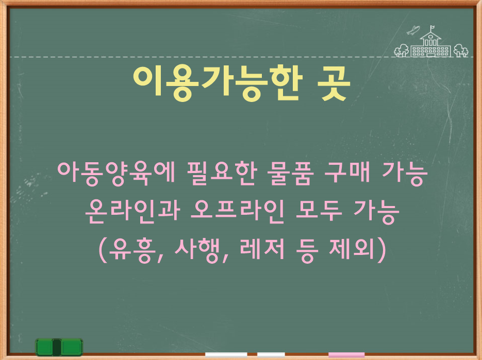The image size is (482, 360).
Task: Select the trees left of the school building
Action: coord(401,50)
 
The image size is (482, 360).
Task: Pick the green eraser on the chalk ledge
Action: coord(59,347)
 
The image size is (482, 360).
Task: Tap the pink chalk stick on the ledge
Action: coord(346,354)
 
